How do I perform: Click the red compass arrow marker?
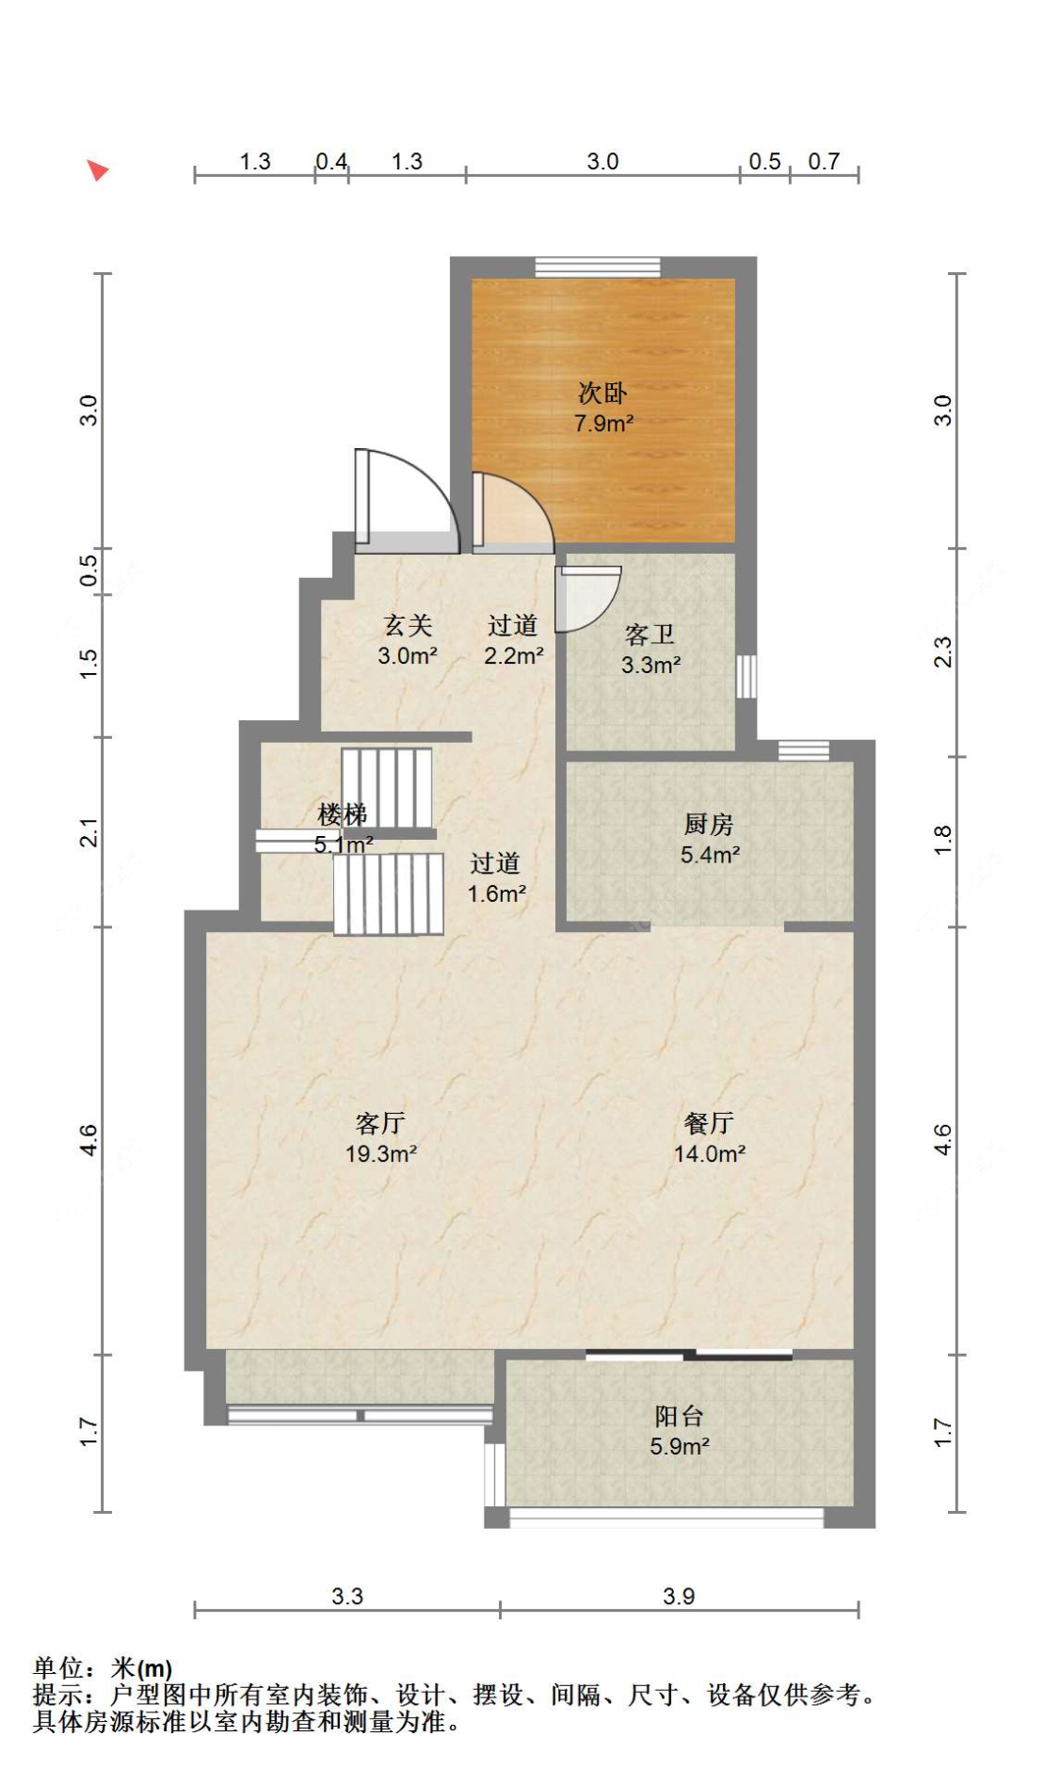coord(97,170)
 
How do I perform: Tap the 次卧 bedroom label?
coord(602,394)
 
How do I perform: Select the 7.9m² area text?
coord(603,424)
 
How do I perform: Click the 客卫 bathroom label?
coord(650,635)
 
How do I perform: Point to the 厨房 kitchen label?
coord(708,825)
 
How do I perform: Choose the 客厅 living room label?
coord(380,1123)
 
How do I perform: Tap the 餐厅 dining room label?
coord(709,1123)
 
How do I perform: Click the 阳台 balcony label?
coord(679,1416)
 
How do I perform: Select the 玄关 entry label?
coord(408,625)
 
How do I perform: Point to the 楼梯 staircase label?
coord(342,814)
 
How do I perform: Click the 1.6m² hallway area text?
coord(497,893)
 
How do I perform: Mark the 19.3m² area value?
coord(380,1153)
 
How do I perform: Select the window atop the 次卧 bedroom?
coord(598,266)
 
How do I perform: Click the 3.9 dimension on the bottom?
coord(679,1596)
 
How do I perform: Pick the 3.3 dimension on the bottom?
coord(347,1596)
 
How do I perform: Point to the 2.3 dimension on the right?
coord(942,652)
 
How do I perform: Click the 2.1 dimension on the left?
coord(88,833)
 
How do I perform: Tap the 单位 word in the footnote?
coord(58,1668)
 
